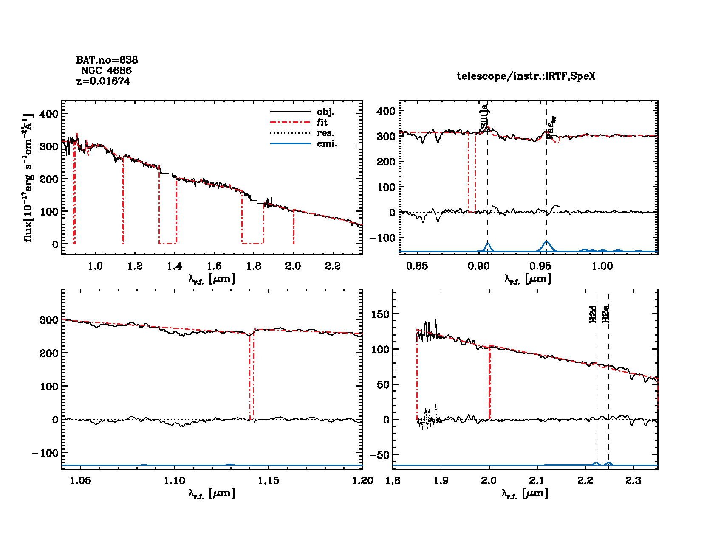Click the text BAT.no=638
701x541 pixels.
(107, 60)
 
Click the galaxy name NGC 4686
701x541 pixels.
(106, 70)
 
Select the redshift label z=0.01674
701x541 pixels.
(103, 81)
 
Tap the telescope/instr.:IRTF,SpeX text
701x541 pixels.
(526, 76)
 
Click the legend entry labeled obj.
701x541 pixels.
(325, 112)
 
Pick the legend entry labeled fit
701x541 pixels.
(322, 122)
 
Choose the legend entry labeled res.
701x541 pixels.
(325, 133)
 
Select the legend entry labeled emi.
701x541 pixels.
(327, 143)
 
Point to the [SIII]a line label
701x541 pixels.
(484, 117)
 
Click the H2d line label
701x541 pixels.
(594, 314)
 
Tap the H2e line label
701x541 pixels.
(606, 314)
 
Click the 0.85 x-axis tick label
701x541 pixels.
(417, 266)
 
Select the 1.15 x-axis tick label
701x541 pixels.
(269, 481)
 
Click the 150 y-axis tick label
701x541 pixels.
(380, 314)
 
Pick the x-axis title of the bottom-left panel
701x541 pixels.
(212, 493)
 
